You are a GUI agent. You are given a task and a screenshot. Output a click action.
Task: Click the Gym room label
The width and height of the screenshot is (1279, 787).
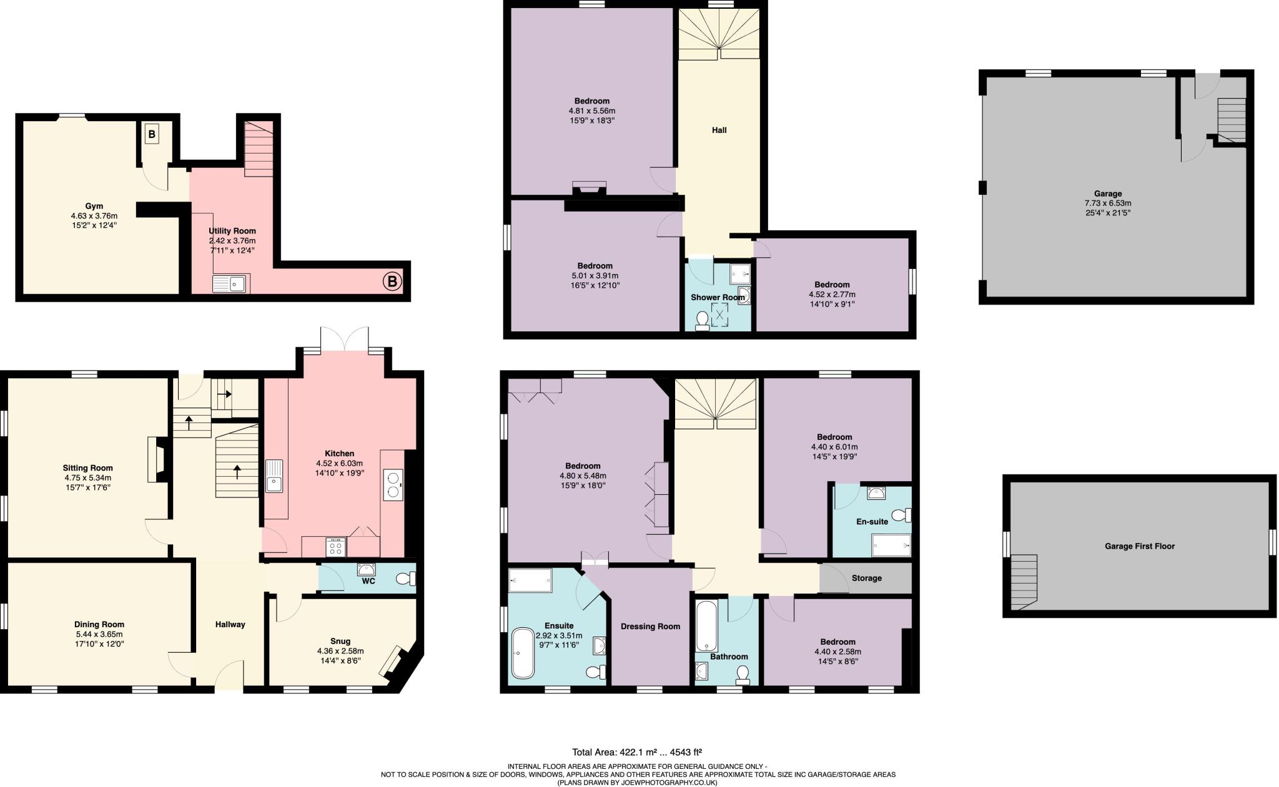pos(94,206)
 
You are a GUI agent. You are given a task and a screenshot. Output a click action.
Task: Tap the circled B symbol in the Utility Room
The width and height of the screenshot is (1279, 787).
pos(392,282)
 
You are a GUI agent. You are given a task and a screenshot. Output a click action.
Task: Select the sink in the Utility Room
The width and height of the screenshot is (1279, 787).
pos(230,283)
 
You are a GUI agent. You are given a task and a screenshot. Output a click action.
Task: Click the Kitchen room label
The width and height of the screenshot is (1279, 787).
pos(339,454)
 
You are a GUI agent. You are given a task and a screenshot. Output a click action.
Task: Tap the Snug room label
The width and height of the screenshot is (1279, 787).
pos(340,641)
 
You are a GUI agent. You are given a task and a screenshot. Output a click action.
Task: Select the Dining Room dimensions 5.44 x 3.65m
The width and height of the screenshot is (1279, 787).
pos(99,634)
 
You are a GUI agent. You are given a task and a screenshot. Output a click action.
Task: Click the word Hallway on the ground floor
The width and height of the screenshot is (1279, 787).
pos(230,624)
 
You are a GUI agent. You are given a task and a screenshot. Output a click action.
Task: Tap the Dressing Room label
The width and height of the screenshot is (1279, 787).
pos(650,627)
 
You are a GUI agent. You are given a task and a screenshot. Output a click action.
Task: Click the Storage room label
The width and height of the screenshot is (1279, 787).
pos(866,578)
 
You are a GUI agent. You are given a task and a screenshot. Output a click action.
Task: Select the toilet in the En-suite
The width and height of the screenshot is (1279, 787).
pos(902,516)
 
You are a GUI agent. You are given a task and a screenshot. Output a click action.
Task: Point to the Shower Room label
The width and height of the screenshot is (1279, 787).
pos(718,298)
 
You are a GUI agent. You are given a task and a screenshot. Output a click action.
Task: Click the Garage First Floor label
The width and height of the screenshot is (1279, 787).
pos(1139,546)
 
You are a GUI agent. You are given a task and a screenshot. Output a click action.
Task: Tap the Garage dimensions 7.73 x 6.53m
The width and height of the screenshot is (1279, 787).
pos(1108,203)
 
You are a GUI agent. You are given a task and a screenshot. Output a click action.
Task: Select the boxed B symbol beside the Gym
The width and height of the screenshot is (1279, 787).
pos(152,134)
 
